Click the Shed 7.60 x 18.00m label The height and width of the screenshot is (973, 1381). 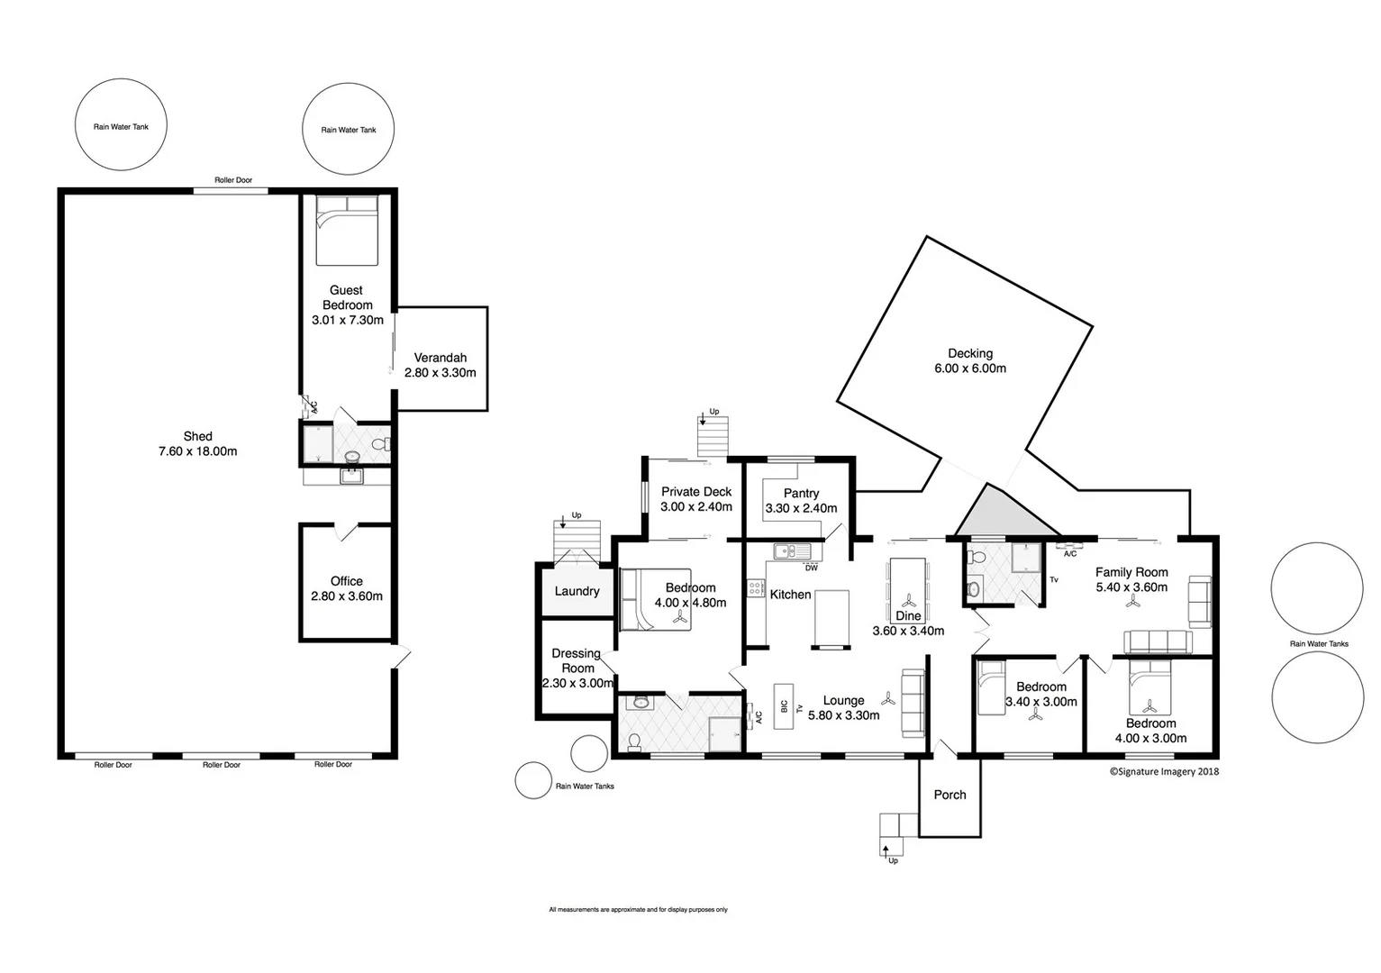(197, 444)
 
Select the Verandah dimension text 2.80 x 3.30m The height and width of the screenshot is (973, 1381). (440, 372)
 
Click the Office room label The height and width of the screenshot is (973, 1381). (346, 581)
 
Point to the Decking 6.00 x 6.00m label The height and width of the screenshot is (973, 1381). (969, 360)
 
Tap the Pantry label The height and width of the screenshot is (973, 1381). (801, 493)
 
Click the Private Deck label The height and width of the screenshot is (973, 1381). (696, 491)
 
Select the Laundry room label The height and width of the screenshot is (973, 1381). (577, 591)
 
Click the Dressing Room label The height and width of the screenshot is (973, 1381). (577, 660)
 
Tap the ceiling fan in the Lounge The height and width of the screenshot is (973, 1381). (888, 698)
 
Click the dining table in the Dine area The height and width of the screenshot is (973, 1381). (908, 584)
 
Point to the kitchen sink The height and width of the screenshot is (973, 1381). (792, 550)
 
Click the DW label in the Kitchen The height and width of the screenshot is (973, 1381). (811, 568)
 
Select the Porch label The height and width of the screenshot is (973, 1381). (949, 795)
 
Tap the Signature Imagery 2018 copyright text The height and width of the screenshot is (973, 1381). (1163, 771)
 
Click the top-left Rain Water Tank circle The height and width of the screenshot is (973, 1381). (121, 126)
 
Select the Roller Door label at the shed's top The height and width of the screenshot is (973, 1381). (233, 180)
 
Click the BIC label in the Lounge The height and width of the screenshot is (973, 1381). (784, 706)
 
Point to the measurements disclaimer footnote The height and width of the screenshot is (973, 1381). (638, 910)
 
